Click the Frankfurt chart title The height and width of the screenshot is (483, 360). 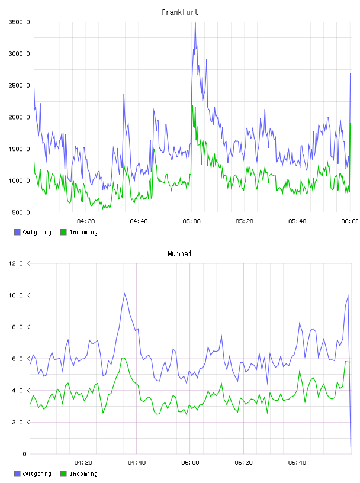tap(180, 12)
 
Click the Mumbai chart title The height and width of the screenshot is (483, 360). tap(179, 254)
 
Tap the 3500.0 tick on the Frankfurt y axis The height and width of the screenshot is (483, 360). tap(19, 22)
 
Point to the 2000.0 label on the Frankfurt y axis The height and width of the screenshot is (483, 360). tap(19, 117)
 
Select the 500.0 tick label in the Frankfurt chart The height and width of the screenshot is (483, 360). tap(21, 212)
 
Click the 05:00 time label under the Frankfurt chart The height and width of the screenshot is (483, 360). tap(191, 221)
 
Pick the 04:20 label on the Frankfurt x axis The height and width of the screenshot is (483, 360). tap(86, 221)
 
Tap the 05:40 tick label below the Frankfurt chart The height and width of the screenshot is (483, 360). tap(297, 221)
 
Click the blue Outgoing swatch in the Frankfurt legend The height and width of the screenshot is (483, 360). tap(17, 232)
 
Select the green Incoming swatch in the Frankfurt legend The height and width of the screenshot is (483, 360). tap(63, 232)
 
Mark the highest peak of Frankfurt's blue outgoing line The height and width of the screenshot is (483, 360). tap(195, 23)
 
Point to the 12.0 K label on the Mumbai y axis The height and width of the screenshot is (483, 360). tap(19, 263)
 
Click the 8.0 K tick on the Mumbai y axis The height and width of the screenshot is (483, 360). tap(21, 327)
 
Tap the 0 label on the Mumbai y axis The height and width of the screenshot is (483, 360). tap(24, 454)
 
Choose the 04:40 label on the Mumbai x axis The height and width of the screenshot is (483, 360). tap(137, 463)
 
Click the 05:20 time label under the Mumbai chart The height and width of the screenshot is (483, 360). tap(243, 463)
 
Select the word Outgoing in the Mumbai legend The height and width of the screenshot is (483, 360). tap(37, 474)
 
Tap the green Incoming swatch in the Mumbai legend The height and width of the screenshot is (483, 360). tap(63, 474)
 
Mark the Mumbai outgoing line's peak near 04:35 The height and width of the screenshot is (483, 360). tap(124, 293)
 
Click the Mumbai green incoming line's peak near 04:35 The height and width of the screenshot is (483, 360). tap(123, 358)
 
